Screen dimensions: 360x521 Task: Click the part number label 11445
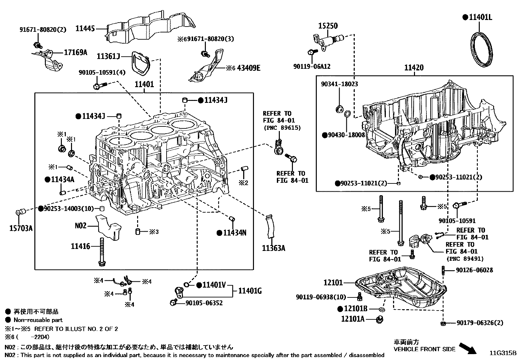85,28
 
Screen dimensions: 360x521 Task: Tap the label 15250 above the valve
328,26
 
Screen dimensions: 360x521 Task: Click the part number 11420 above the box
414,68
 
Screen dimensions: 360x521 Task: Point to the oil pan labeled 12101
403,288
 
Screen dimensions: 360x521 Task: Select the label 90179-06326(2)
480,323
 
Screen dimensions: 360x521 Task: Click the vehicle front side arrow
468,348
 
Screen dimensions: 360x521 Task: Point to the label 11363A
274,248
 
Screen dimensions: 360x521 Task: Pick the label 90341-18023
339,84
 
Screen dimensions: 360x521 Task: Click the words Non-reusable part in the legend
38,320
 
